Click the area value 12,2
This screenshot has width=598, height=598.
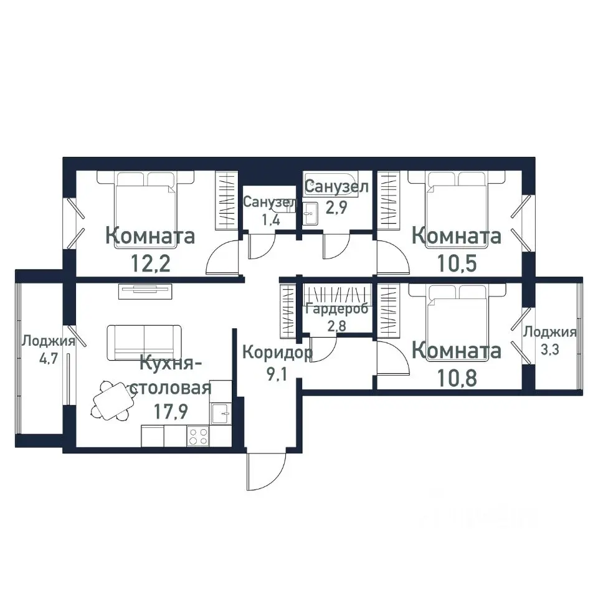click(151, 263)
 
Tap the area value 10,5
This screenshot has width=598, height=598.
click(457, 263)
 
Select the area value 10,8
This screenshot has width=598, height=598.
click(457, 378)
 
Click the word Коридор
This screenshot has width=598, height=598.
click(278, 353)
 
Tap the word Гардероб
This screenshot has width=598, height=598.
click(337, 308)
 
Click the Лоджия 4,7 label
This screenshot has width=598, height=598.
click(49, 349)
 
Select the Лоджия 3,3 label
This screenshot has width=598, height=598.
click(549, 340)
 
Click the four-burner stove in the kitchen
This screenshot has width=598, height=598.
click(198, 436)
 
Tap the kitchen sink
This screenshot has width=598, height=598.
click(221, 414)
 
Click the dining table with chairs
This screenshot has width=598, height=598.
click(113, 401)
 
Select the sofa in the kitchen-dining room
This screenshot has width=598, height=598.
click(144, 343)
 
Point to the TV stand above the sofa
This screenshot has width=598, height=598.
click(145, 292)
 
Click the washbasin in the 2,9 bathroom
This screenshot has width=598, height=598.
click(310, 213)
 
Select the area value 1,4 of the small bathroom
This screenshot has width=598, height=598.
click(270, 220)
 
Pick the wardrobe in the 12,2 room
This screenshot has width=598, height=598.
click(227, 200)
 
